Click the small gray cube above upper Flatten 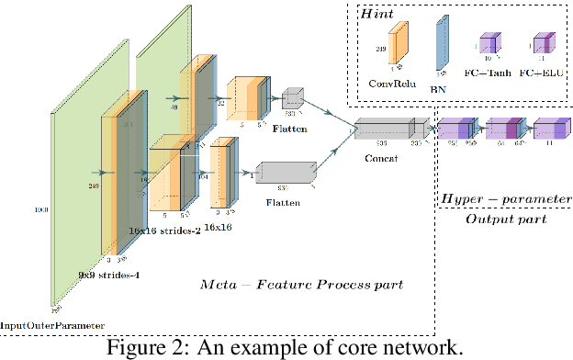pyautogui.click(x=293, y=97)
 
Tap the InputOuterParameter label pyautogui.click(x=52, y=323)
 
